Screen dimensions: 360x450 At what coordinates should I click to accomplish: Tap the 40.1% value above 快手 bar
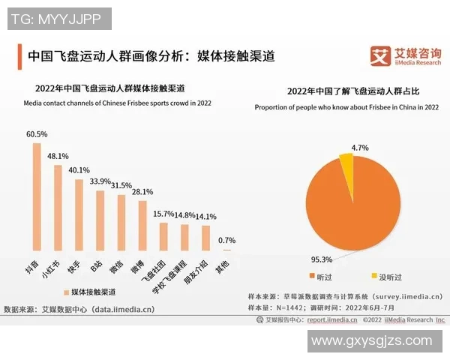[79, 169]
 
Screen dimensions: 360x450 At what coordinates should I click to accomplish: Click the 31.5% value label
[121, 185]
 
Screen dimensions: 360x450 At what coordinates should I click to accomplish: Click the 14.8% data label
[184, 215]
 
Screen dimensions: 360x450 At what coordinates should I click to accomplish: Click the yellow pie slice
[346, 160]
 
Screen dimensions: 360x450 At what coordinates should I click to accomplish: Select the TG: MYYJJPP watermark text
[57, 17]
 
